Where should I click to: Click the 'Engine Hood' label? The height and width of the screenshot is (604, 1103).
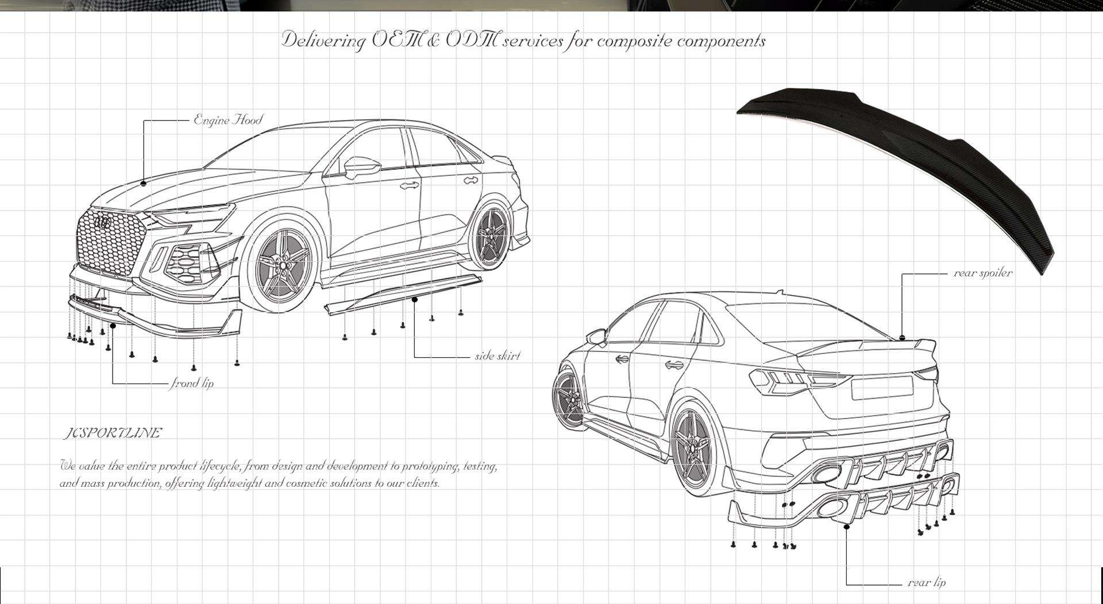click(x=228, y=120)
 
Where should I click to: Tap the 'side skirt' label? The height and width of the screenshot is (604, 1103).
click(x=497, y=356)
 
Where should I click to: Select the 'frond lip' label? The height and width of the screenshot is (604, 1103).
click(x=192, y=383)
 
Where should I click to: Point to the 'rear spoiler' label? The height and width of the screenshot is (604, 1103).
click(x=982, y=273)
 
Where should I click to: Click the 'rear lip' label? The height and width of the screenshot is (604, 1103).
click(x=926, y=583)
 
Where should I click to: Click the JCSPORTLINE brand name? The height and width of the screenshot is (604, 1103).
click(x=112, y=433)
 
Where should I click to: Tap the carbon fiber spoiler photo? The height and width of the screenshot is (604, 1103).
click(x=902, y=167)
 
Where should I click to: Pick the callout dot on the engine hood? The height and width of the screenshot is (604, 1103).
click(x=143, y=183)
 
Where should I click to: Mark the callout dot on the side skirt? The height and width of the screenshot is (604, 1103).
click(x=415, y=299)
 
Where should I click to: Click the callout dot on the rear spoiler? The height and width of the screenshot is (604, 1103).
click(x=902, y=336)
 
